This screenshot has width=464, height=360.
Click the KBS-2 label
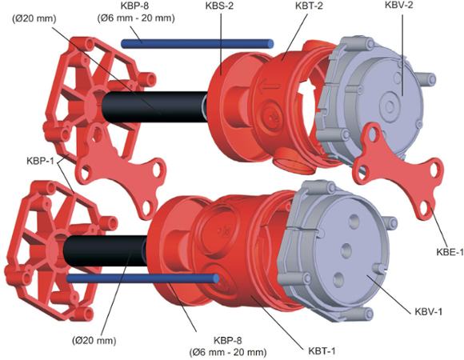click(219, 6)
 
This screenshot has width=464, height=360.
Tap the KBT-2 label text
click(310, 6)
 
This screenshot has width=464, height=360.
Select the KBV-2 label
click(398, 5)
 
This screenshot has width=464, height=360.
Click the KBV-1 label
click(428, 312)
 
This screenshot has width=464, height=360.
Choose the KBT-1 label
click(322, 351)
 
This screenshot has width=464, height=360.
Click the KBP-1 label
click(40, 162)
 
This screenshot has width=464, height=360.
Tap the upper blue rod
click(197, 43)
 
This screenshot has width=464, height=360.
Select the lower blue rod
click(142, 278)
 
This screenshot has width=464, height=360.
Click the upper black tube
click(155, 106)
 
